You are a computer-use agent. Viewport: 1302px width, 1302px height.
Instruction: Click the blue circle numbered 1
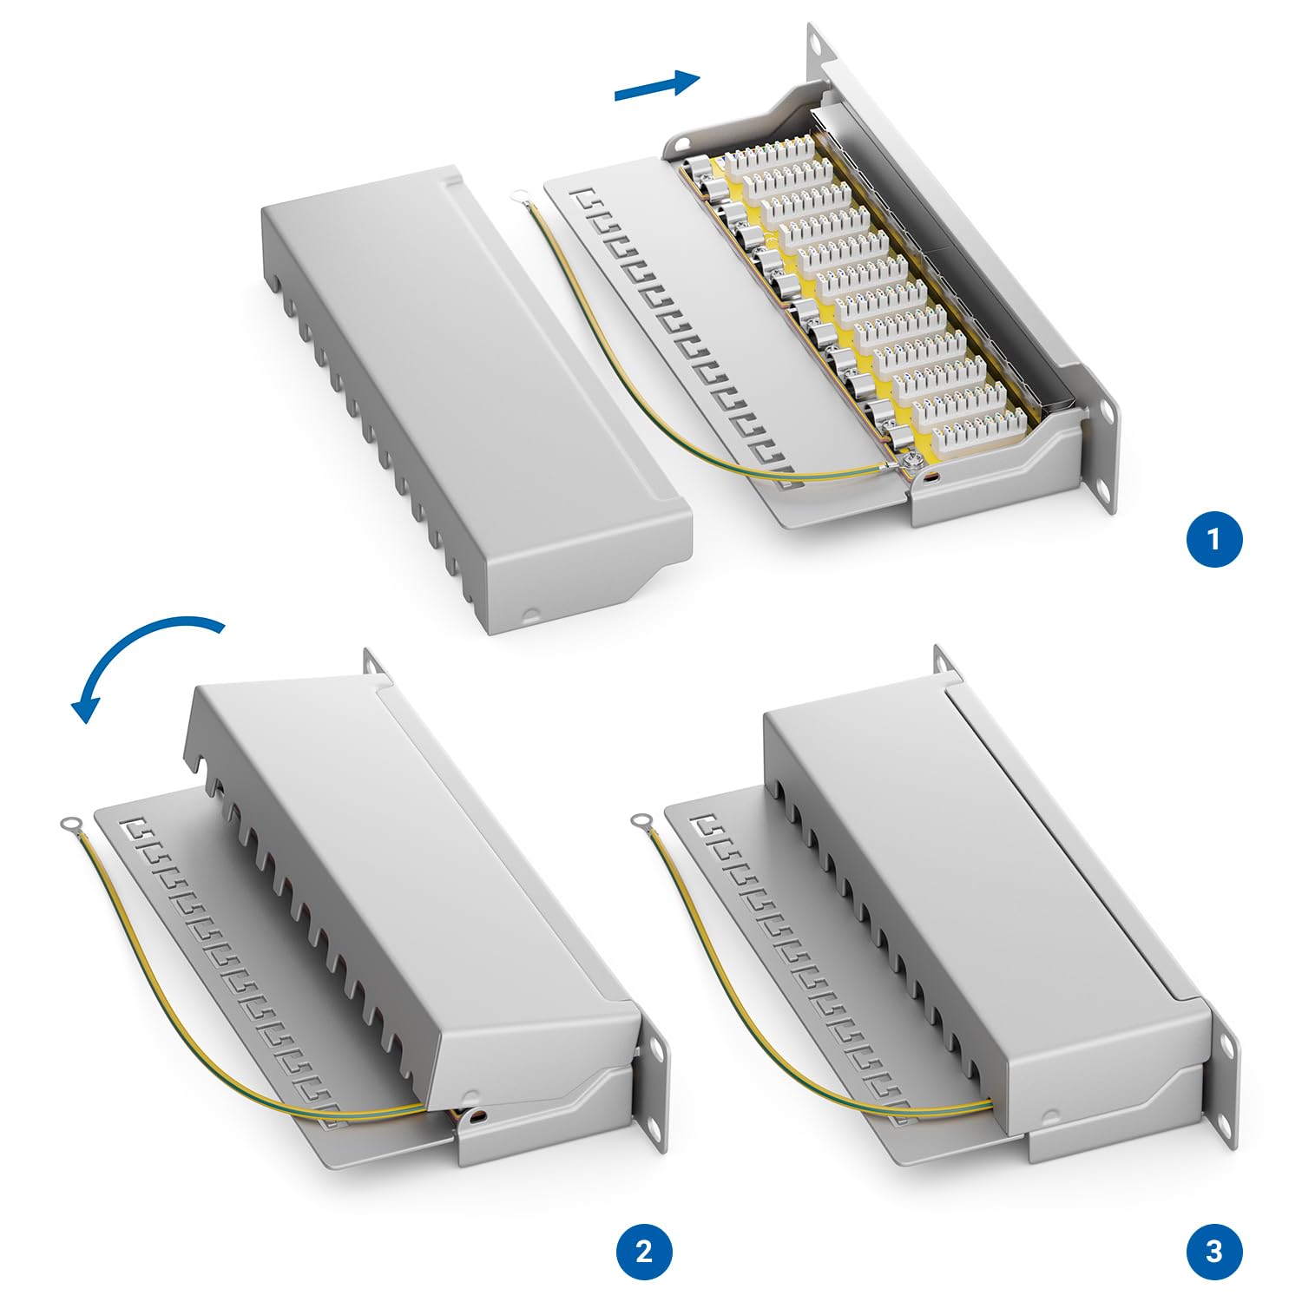coord(1214,539)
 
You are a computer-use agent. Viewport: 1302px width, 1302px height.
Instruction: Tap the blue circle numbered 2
coord(644,1252)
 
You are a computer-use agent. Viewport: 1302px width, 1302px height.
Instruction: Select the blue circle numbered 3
coord(1214,1252)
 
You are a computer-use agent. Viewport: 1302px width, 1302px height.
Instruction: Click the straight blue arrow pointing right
coord(657,85)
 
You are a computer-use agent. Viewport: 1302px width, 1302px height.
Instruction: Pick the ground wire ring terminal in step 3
coord(641,820)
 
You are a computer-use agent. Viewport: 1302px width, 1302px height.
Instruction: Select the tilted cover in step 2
coord(408,885)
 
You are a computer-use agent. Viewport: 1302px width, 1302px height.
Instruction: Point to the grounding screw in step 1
coord(912,464)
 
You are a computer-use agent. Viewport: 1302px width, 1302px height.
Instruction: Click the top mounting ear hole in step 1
coord(815,39)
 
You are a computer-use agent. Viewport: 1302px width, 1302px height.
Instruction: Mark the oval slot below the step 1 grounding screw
coord(932,478)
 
